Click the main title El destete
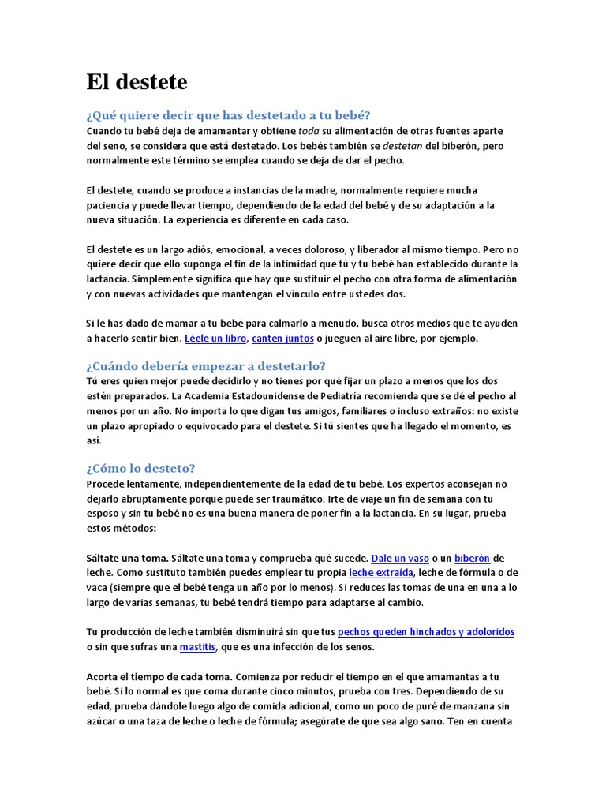pyautogui.click(x=137, y=82)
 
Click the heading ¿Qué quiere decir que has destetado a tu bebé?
pyautogui.click(x=228, y=115)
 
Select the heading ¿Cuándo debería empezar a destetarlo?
pyautogui.click(x=205, y=366)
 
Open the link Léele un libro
pyautogui.click(x=215, y=339)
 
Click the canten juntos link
pyautogui.click(x=282, y=339)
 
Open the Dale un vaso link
pyautogui.click(x=400, y=558)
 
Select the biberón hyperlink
pyautogui.click(x=473, y=558)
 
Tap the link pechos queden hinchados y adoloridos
pyautogui.click(x=426, y=632)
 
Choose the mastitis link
pyautogui.click(x=197, y=647)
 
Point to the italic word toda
pyautogui.click(x=309, y=131)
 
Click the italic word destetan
pyautogui.click(x=403, y=146)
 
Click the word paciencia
pyautogui.click(x=108, y=205)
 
